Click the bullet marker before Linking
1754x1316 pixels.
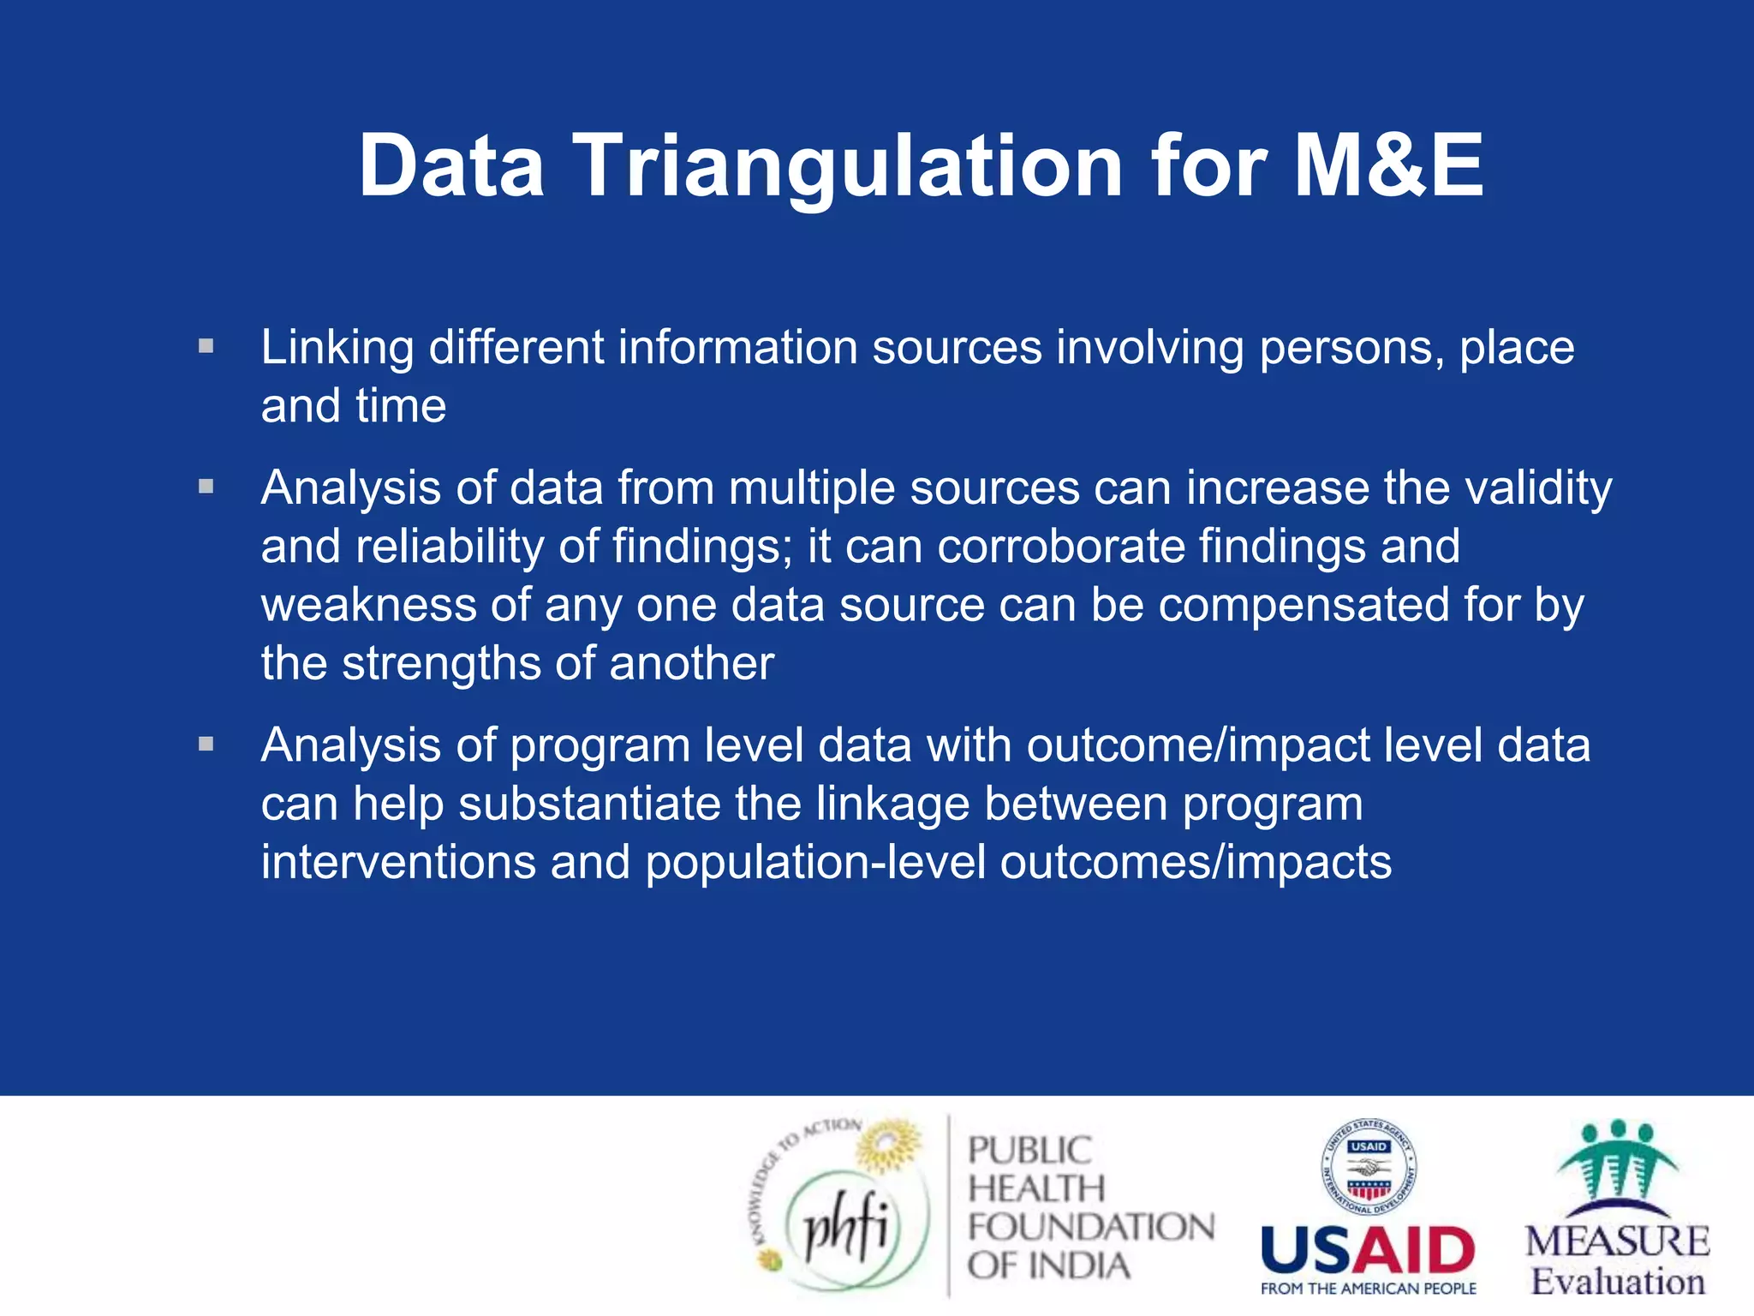[206, 347]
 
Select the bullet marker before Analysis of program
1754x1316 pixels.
[206, 744]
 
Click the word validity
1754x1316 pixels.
[1538, 488]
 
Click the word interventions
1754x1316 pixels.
[398, 863]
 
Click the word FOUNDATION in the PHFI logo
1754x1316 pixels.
[1090, 1228]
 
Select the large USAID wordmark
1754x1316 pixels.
[1368, 1250]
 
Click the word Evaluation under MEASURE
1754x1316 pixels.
[1618, 1282]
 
